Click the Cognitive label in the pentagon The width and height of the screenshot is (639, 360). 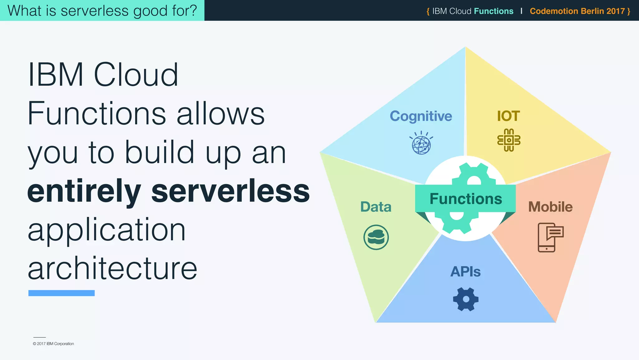click(x=421, y=116)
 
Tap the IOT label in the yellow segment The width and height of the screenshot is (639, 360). click(x=508, y=116)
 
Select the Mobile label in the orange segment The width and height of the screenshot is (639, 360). click(x=550, y=207)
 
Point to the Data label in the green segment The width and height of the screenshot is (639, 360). click(x=376, y=207)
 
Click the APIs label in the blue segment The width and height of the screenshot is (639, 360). click(x=465, y=272)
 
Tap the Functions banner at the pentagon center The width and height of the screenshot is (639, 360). click(x=466, y=199)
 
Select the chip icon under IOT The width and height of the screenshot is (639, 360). click(x=509, y=140)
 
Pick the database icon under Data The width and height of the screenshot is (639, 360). click(x=376, y=237)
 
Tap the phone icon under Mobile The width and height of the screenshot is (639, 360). click(x=550, y=237)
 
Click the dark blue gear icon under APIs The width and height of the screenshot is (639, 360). click(x=466, y=299)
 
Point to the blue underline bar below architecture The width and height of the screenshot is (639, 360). click(x=61, y=293)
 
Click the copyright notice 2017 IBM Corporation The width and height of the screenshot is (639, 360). click(x=53, y=344)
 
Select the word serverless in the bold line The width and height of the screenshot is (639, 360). click(x=230, y=191)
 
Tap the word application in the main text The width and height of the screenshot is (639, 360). click(x=107, y=231)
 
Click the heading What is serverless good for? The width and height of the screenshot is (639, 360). click(x=102, y=11)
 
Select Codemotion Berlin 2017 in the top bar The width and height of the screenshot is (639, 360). click(x=577, y=11)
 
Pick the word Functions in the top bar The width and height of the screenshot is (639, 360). click(x=493, y=11)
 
